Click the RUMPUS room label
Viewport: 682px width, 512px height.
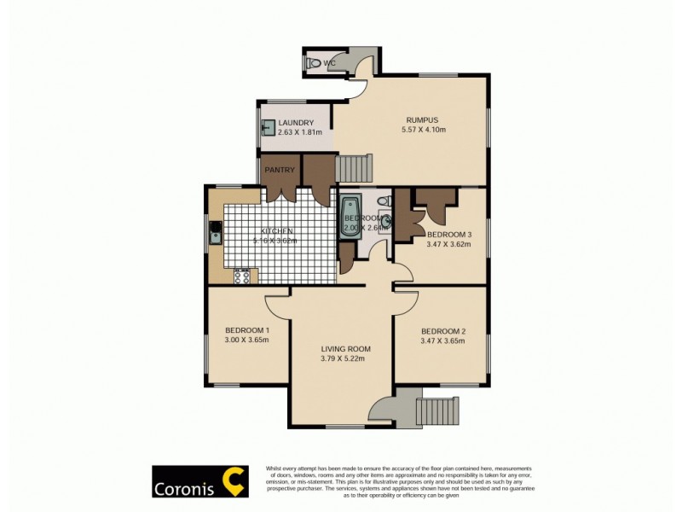pyautogui.click(x=424, y=119)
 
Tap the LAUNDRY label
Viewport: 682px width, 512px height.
pyautogui.click(x=296, y=123)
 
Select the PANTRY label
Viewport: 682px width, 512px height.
pyautogui.click(x=280, y=170)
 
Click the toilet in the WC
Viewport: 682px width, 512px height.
pyautogui.click(x=314, y=62)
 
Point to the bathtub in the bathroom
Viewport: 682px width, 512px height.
pyautogui.click(x=350, y=217)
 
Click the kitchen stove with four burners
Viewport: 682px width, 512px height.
pyautogui.click(x=242, y=276)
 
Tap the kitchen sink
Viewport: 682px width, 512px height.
pyautogui.click(x=216, y=230)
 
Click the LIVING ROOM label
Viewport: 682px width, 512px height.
pyautogui.click(x=345, y=348)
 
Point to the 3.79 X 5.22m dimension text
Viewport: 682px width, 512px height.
pyautogui.click(x=345, y=358)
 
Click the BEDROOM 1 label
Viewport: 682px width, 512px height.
pyautogui.click(x=247, y=330)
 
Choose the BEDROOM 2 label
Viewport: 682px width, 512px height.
pyautogui.click(x=443, y=331)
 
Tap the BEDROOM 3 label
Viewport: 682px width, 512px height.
pyautogui.click(x=449, y=234)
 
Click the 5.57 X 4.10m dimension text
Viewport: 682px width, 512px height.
pyautogui.click(x=424, y=129)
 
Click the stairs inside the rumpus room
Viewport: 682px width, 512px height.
pyautogui.click(x=354, y=167)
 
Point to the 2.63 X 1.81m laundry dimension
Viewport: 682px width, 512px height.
pyautogui.click(x=300, y=132)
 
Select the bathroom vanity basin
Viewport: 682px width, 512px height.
pyautogui.click(x=385, y=222)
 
